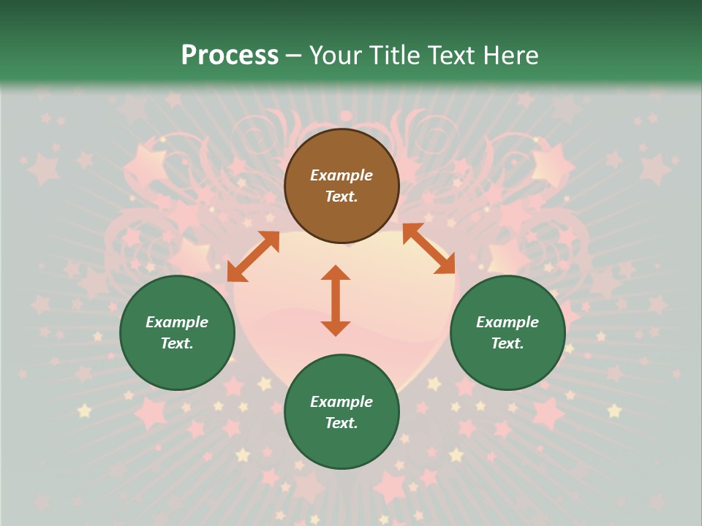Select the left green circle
tap(177, 332)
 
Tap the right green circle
tap(507, 332)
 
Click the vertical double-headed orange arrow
tap(336, 300)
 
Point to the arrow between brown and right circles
tap(429, 248)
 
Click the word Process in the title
tap(230, 55)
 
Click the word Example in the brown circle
tap(341, 175)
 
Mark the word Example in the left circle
tap(177, 322)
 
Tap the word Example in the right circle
tap(507, 322)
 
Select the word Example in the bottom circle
tap(341, 402)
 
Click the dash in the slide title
tap(294, 56)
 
